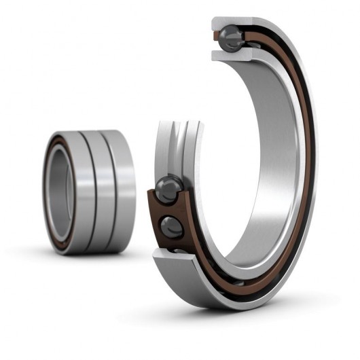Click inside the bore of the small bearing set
point(59,193)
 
